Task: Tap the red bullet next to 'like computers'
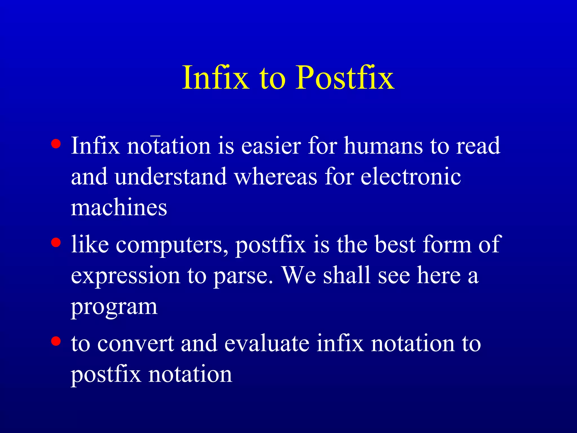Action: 56,242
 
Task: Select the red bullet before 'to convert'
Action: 56,341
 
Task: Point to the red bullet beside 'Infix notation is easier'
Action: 56,144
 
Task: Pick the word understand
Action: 170,177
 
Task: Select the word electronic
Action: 410,177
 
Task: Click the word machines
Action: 119,208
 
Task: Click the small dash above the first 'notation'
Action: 155,136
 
